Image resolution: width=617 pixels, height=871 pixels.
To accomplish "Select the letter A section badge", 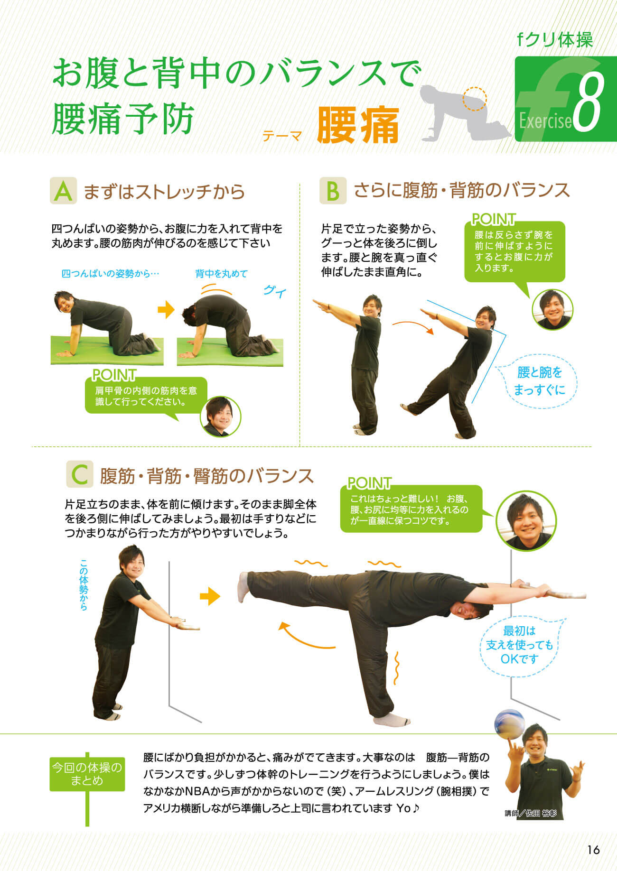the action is pyautogui.click(x=64, y=191).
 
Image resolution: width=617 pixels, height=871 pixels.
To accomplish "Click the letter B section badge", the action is pyautogui.click(x=333, y=191).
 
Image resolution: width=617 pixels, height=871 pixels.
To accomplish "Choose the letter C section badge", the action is pyautogui.click(x=80, y=474).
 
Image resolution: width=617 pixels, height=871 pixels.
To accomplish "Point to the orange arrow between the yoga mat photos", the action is pyautogui.click(x=166, y=310).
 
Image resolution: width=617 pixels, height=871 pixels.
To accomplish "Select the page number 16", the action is pyautogui.click(x=593, y=850).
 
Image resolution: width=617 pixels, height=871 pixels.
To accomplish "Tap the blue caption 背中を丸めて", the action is pyautogui.click(x=221, y=274).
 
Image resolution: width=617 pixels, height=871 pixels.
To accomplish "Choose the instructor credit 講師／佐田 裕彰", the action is pyautogui.click(x=530, y=813).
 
